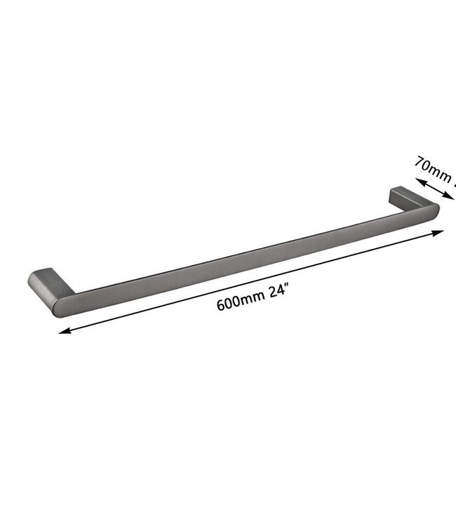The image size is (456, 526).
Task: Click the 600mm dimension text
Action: point(240,304)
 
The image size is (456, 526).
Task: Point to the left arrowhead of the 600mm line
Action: point(63,332)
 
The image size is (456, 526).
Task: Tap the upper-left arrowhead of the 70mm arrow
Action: point(420,182)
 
